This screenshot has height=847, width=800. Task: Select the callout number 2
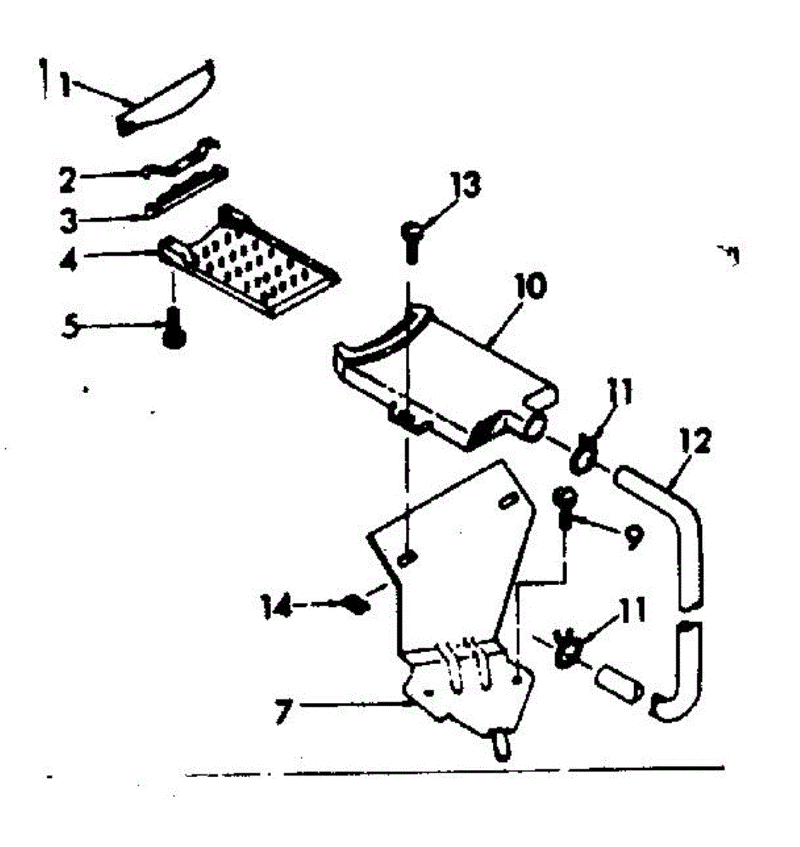[67, 179]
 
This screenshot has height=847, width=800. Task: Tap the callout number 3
[68, 220]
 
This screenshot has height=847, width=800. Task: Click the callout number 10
[533, 289]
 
